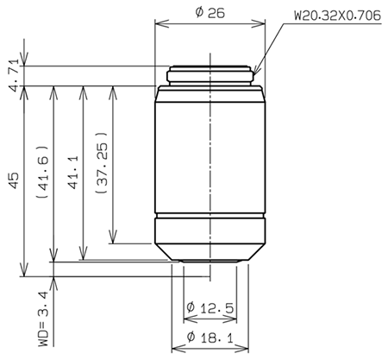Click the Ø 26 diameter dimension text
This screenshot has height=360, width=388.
(210, 14)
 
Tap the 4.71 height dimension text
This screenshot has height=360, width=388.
(11, 73)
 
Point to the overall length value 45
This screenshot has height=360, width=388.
(11, 180)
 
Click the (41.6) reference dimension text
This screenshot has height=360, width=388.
(42, 173)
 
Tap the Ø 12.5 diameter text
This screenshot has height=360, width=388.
(210, 308)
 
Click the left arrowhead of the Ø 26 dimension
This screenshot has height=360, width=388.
(158, 25)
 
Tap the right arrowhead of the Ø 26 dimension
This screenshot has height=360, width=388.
(262, 25)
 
